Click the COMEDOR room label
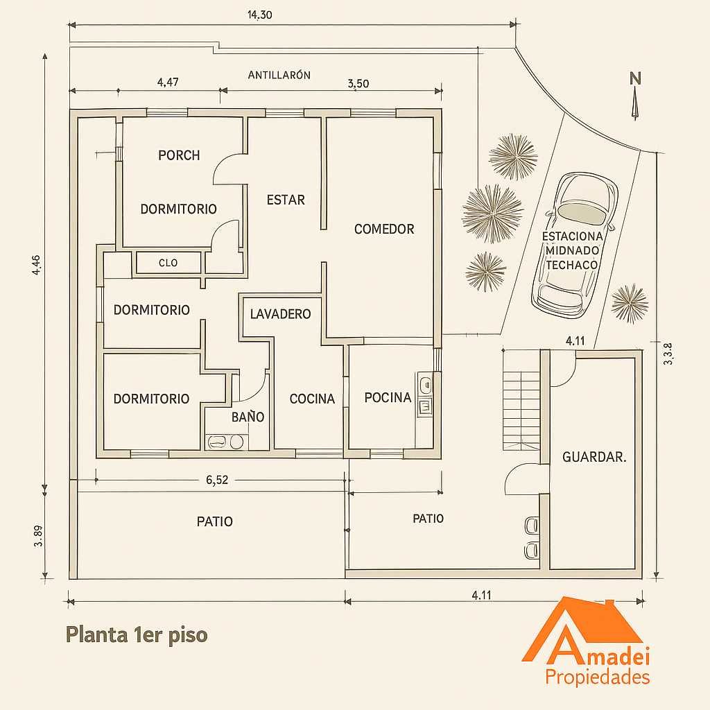pyautogui.click(x=384, y=229)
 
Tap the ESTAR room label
pyautogui.click(x=286, y=200)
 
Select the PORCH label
pyautogui.click(x=179, y=155)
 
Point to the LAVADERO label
pyautogui.click(x=280, y=314)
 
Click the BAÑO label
pyautogui.click(x=248, y=417)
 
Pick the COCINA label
pyautogui.click(x=312, y=399)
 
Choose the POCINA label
pyautogui.click(x=388, y=397)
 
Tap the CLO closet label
pyautogui.click(x=168, y=263)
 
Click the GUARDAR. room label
pyautogui.click(x=594, y=457)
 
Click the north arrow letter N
pyautogui.click(x=635, y=79)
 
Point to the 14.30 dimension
pyautogui.click(x=259, y=15)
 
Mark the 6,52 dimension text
pyautogui.click(x=217, y=480)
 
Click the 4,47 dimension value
pyautogui.click(x=168, y=83)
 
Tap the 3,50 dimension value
pyautogui.click(x=358, y=84)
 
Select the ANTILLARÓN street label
pyautogui.click(x=279, y=75)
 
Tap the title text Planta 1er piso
pyautogui.click(x=137, y=635)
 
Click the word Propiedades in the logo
pyautogui.click(x=598, y=678)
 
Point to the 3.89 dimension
pyautogui.click(x=39, y=536)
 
